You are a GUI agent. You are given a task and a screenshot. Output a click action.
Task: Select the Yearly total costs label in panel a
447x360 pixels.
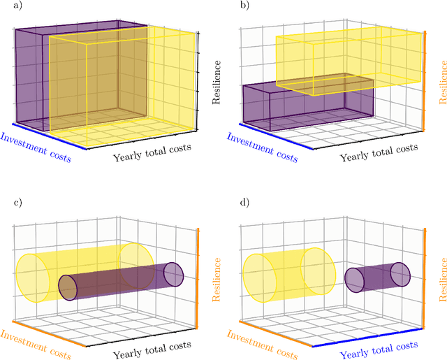point(152,152)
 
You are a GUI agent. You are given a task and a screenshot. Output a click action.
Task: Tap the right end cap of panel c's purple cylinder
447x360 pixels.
point(173,275)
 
